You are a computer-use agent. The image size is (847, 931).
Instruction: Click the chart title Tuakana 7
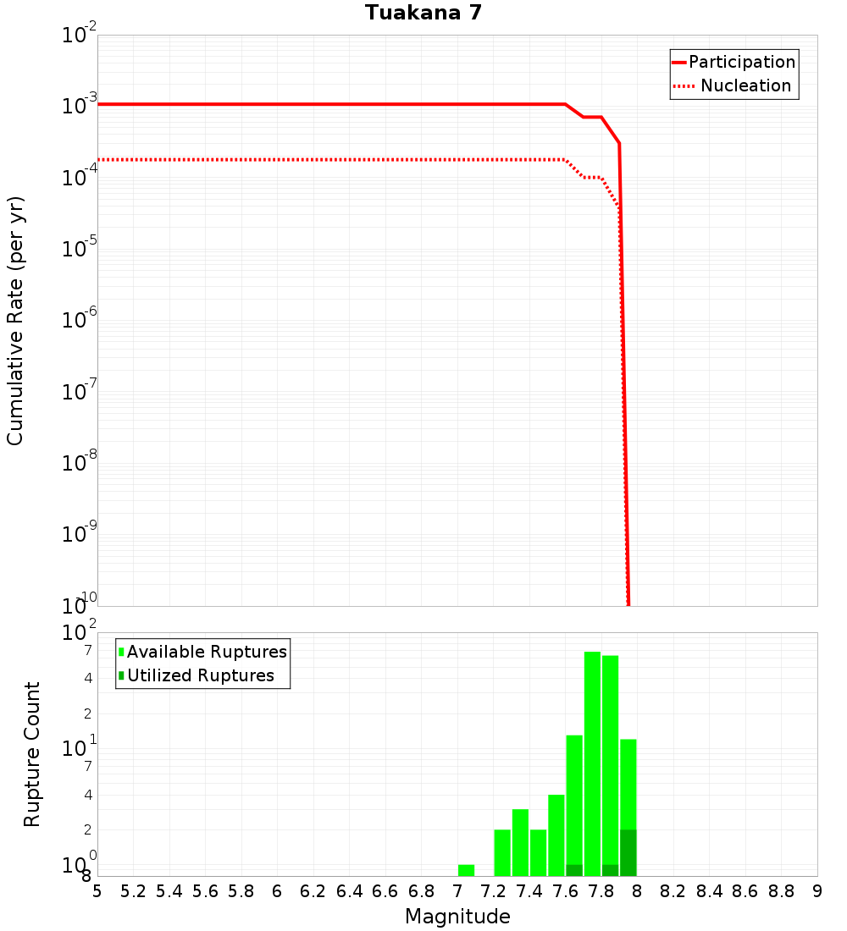(x=423, y=14)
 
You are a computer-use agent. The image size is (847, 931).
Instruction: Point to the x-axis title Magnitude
(x=457, y=917)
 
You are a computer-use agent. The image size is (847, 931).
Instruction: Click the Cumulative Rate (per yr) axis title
(x=15, y=321)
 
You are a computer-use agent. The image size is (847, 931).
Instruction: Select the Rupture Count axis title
(x=32, y=753)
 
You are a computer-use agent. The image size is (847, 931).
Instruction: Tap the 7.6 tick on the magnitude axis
(x=565, y=891)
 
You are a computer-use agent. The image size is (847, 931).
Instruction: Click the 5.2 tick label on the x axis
(x=134, y=891)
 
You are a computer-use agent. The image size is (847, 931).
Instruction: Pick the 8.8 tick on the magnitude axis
(x=781, y=891)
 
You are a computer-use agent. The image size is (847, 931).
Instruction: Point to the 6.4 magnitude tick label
(x=349, y=891)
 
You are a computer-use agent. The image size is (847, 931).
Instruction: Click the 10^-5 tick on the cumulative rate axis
(x=79, y=250)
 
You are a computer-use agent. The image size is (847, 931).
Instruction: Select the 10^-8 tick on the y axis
(x=79, y=464)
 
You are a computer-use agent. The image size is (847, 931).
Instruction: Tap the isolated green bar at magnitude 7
(x=466, y=870)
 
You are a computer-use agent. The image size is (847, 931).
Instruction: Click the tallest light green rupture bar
(x=592, y=762)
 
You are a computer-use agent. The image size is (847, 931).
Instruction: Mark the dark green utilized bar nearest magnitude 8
(x=628, y=852)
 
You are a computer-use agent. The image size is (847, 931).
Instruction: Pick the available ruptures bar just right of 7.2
(x=502, y=852)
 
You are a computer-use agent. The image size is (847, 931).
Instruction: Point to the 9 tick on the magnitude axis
(x=817, y=891)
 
